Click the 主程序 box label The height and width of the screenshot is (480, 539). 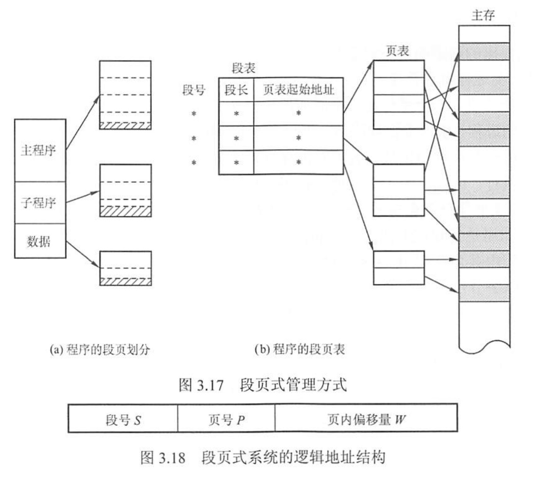[x=38, y=150]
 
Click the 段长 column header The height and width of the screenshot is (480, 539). [x=236, y=90]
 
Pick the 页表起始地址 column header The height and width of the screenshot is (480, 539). [x=298, y=90]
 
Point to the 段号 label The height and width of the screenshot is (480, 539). [x=194, y=90]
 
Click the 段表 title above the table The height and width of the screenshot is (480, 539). [x=243, y=68]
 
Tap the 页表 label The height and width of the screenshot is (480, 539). [x=397, y=51]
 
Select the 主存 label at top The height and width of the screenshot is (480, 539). [x=483, y=15]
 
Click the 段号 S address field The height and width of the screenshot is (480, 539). [x=123, y=419]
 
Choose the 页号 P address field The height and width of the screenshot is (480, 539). [x=226, y=419]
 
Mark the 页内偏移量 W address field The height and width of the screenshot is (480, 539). [x=366, y=419]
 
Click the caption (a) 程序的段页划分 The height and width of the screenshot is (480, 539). [x=100, y=349]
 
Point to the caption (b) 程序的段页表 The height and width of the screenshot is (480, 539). [x=300, y=349]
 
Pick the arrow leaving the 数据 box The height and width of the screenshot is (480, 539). [x=83, y=254]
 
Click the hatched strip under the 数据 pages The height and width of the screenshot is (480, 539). [x=125, y=281]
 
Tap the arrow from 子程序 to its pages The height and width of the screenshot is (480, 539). [x=83, y=197]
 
